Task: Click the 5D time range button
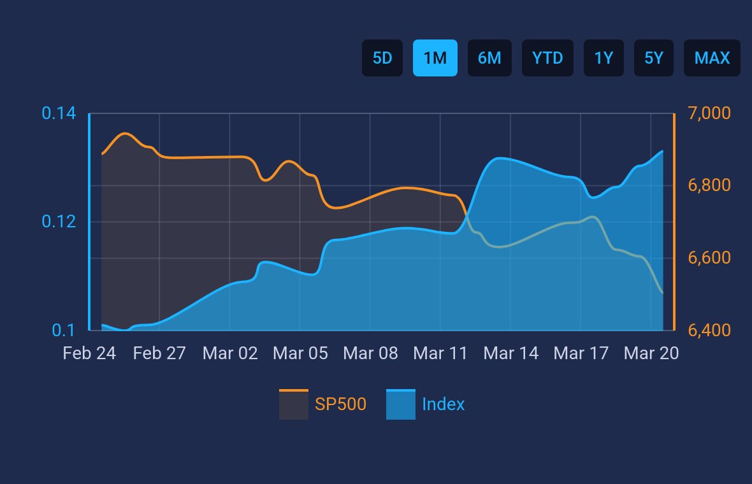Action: tap(382, 58)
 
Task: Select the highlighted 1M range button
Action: tap(435, 58)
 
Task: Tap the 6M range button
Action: tap(489, 58)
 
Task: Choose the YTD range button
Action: tap(547, 58)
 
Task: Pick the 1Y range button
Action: tap(604, 58)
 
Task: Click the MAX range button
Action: tap(712, 58)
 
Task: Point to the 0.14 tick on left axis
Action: tap(59, 114)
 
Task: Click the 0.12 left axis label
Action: tap(59, 222)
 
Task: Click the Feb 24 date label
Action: tap(89, 353)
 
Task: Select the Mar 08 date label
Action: tap(370, 353)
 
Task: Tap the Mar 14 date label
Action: tap(510, 353)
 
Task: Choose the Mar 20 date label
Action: tap(651, 353)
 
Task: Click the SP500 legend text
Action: tap(340, 404)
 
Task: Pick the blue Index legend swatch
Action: tap(400, 404)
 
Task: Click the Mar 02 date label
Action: tap(229, 353)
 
